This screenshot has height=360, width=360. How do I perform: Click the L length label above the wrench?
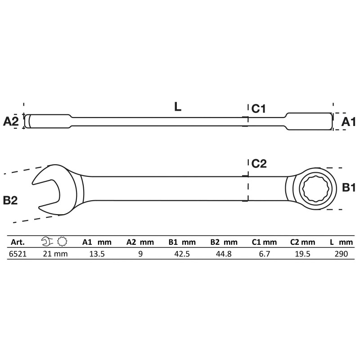178,107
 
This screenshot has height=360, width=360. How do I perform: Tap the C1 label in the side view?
258,108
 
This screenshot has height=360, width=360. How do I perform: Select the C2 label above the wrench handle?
259,164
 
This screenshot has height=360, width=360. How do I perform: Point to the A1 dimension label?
348,121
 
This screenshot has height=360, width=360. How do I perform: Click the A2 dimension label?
11,121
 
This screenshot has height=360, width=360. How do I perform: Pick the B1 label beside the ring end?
349,188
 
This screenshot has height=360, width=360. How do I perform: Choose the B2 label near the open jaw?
10,200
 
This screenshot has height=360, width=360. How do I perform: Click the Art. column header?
18,242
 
